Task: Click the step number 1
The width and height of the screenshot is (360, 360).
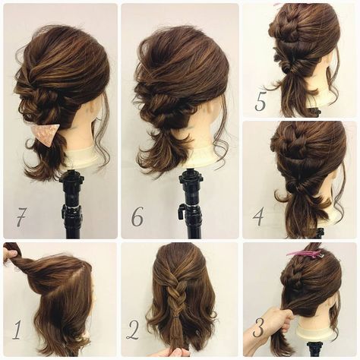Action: [17, 330]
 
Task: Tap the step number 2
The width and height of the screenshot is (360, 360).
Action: [133, 330]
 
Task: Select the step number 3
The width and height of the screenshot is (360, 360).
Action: [257, 327]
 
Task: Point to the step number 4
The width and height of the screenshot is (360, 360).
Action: [258, 216]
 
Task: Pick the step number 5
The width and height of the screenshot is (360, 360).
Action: [261, 102]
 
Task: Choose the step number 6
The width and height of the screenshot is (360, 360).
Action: [137, 216]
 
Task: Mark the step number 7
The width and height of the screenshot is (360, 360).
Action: [21, 217]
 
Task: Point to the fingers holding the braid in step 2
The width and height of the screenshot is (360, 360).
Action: [175, 352]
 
